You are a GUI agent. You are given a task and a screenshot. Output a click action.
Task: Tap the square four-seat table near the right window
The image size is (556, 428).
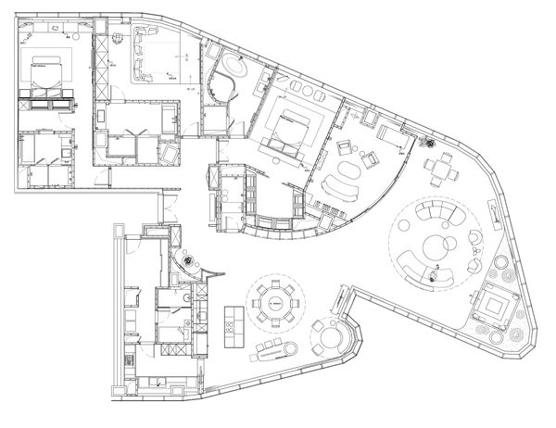pos(440,170)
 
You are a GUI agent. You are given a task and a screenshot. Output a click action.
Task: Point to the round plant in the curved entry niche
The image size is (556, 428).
pos(191,263)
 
